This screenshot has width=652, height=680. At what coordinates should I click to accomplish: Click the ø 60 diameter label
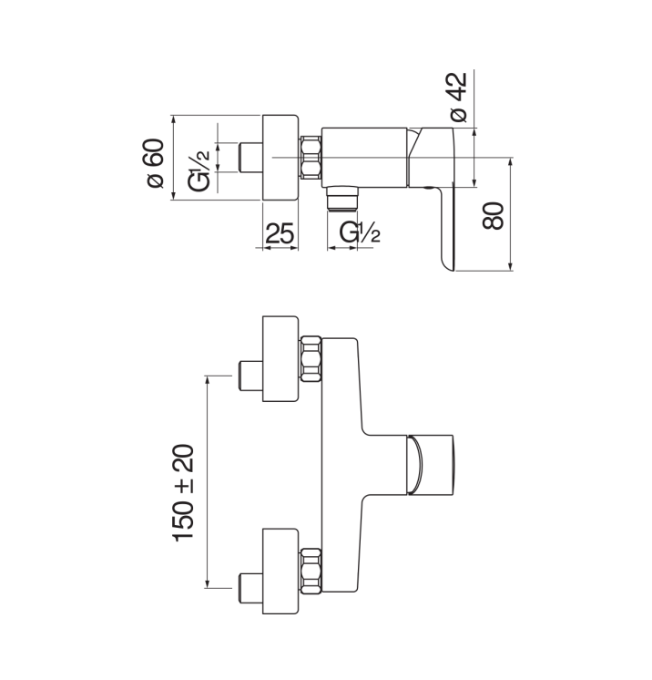(x=156, y=163)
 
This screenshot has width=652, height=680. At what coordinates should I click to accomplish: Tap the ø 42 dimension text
(x=459, y=97)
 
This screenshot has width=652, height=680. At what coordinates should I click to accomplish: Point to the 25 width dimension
(x=280, y=233)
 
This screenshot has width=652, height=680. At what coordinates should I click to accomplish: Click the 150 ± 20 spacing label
(x=183, y=493)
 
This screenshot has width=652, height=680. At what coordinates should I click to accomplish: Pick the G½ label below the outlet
(x=360, y=232)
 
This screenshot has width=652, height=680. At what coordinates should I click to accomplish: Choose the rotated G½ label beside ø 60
(x=199, y=170)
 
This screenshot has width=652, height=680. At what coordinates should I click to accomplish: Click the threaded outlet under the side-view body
(x=342, y=199)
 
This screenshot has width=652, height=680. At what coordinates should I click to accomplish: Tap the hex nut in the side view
(x=311, y=157)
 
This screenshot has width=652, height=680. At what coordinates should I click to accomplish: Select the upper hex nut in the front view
(x=311, y=359)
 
